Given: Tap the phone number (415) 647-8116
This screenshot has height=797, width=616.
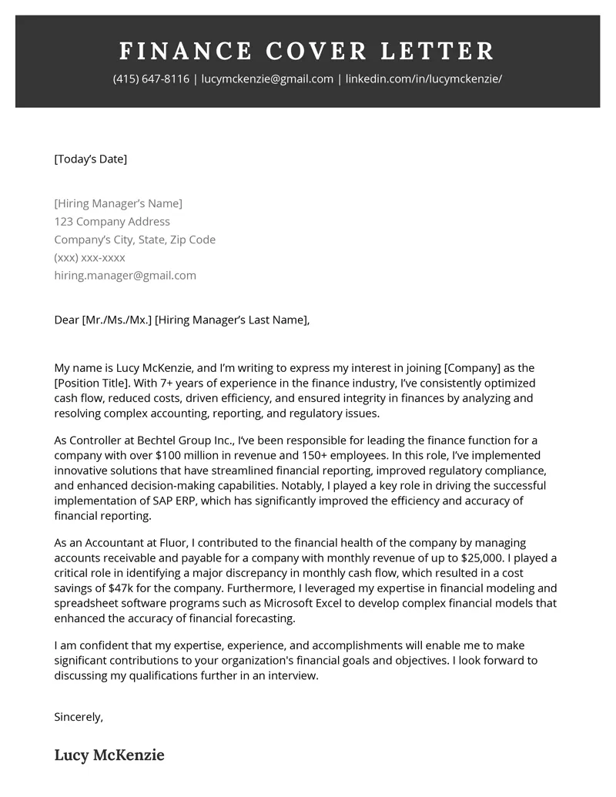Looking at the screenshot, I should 150,79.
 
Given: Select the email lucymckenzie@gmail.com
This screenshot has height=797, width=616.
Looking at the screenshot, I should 267,79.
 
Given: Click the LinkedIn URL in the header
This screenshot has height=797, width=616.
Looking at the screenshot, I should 423,79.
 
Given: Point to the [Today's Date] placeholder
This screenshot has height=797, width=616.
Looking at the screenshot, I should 90,159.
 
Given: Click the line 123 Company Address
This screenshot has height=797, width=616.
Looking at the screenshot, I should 112,222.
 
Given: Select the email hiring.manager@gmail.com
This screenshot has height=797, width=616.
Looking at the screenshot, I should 125,276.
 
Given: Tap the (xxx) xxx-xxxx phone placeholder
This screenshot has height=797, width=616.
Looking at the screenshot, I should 89,258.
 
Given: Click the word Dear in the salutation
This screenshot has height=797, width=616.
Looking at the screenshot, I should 66,320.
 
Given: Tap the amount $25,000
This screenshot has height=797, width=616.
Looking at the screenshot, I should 481,558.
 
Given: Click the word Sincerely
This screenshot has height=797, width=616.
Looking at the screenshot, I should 78,717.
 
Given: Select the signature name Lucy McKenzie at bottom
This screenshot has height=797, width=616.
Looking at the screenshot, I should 109,755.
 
